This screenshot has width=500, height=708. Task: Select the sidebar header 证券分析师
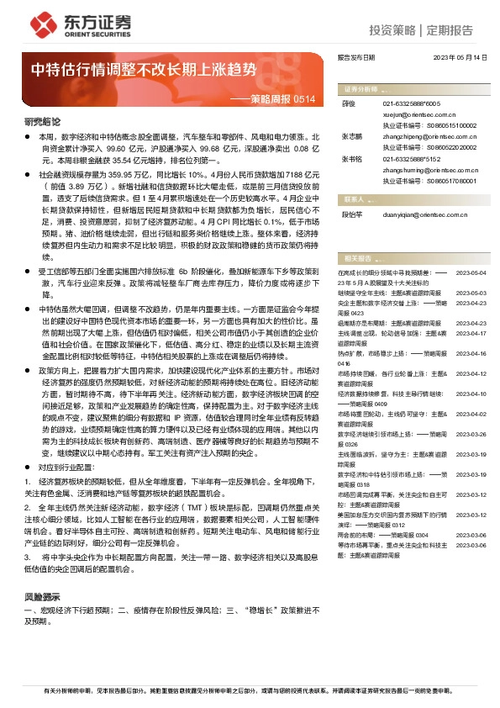(x=361, y=87)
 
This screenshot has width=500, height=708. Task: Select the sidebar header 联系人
(x=353, y=200)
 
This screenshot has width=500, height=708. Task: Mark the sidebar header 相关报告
(x=358, y=257)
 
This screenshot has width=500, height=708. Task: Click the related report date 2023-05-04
(x=471, y=273)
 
